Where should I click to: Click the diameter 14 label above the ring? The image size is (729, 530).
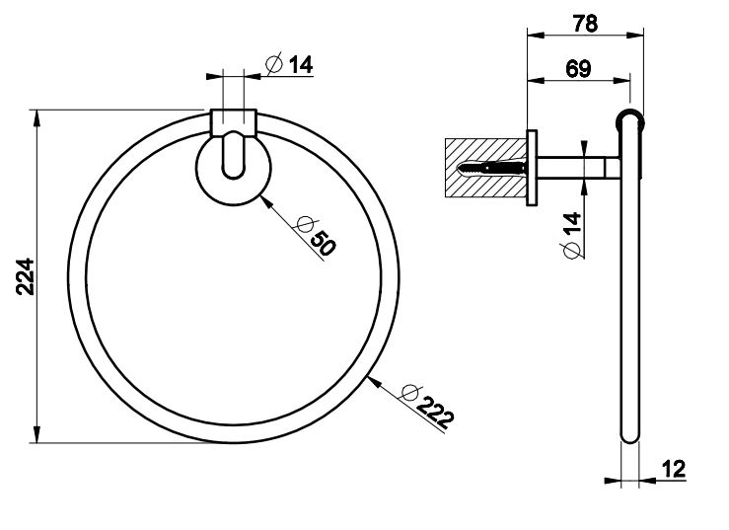(290, 65)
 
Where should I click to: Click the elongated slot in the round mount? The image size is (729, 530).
(234, 153)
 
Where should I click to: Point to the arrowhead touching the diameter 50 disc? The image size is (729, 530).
(263, 198)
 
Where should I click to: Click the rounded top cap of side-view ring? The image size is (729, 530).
(628, 115)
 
